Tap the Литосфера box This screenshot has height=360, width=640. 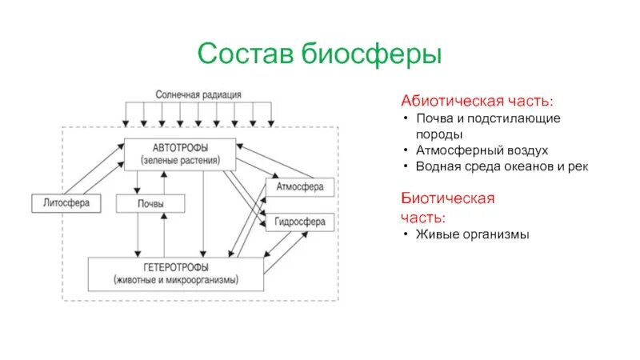coord(66,203)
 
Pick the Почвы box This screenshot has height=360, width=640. coord(150,203)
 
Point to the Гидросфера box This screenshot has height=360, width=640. coord(299,222)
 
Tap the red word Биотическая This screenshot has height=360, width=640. coord(447,198)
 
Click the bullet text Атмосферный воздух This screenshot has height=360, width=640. coord(481,150)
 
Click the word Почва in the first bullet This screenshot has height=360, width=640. coord(433,118)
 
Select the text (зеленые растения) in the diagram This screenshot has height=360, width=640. coord(179,160)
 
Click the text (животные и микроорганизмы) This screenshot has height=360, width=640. coord(177,282)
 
